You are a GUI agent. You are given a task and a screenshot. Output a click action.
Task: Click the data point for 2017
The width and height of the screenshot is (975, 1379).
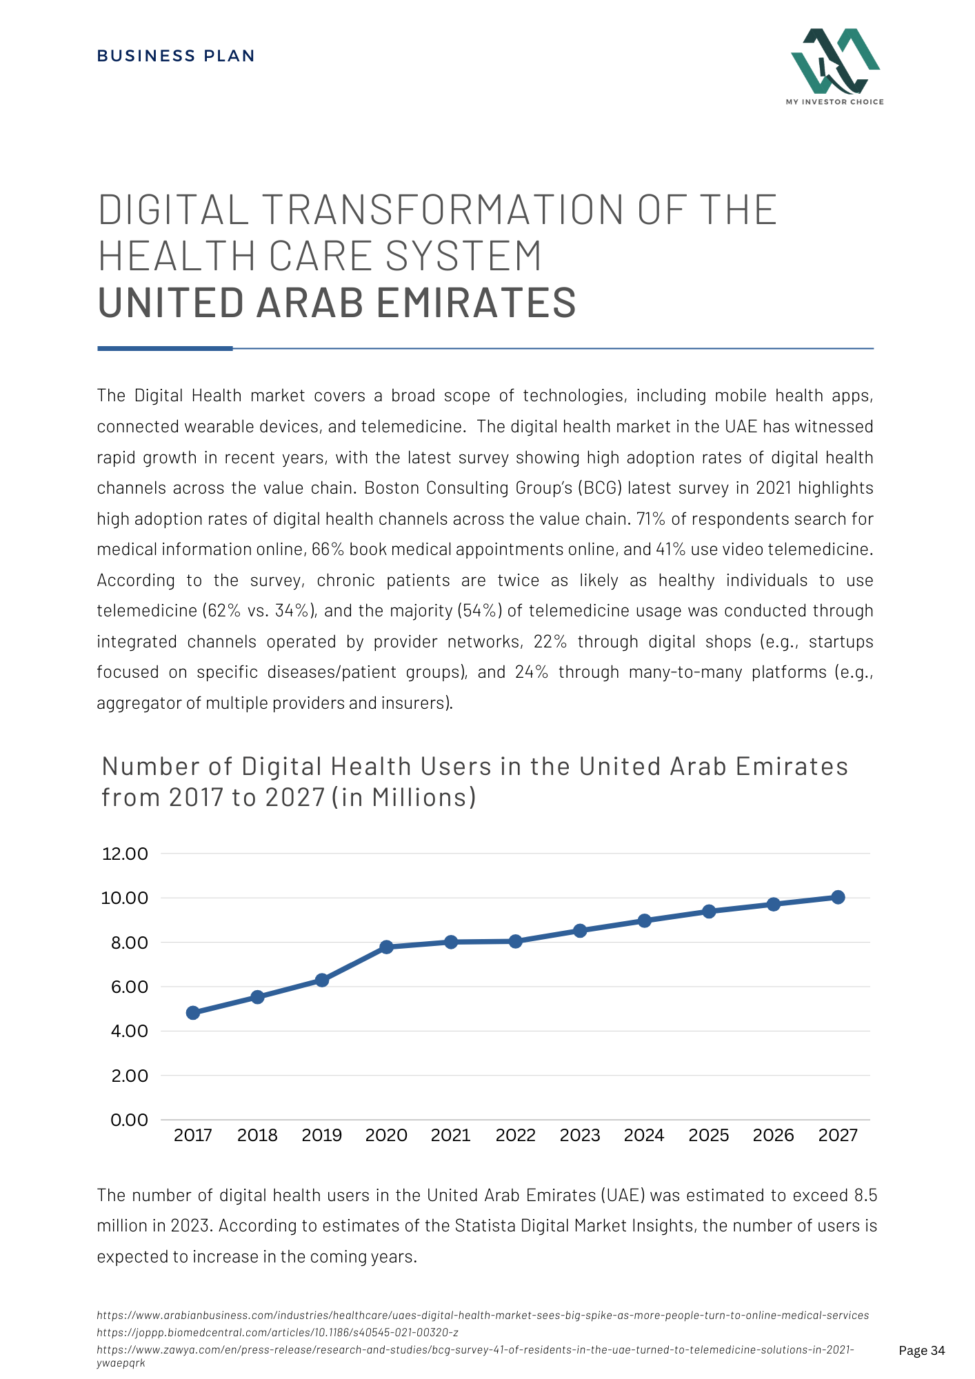click(x=193, y=1013)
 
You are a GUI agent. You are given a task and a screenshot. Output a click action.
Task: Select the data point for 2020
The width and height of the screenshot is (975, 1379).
click(x=386, y=947)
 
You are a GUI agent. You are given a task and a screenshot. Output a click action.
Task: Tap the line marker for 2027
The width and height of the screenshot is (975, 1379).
click(x=838, y=897)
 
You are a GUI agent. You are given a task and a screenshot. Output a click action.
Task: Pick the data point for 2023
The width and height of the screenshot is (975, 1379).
click(x=580, y=931)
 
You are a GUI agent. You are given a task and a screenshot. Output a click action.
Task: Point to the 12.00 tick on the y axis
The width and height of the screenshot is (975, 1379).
click(x=125, y=854)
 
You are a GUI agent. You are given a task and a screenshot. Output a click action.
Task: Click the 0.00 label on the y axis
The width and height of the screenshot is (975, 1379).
click(x=129, y=1120)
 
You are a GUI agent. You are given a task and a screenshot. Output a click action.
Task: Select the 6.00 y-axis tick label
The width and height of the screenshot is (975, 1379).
click(x=130, y=987)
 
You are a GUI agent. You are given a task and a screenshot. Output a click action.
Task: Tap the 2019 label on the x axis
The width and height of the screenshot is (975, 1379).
click(x=321, y=1136)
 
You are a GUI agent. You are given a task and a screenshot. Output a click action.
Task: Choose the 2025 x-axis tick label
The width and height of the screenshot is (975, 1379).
click(x=708, y=1136)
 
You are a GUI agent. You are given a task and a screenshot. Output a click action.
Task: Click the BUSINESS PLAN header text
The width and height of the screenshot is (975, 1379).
click(x=176, y=56)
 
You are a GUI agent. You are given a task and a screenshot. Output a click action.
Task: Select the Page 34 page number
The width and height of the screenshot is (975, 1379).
click(x=922, y=1351)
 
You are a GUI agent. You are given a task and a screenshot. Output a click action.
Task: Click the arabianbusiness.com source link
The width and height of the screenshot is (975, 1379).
click(x=483, y=1316)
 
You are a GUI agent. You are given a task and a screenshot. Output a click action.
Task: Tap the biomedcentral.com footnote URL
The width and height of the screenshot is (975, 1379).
click(x=278, y=1332)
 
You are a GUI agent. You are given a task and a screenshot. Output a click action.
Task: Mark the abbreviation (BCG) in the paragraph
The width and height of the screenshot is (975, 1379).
click(x=600, y=488)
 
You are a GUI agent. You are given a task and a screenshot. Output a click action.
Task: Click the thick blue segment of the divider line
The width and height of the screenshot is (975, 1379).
click(x=165, y=349)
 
